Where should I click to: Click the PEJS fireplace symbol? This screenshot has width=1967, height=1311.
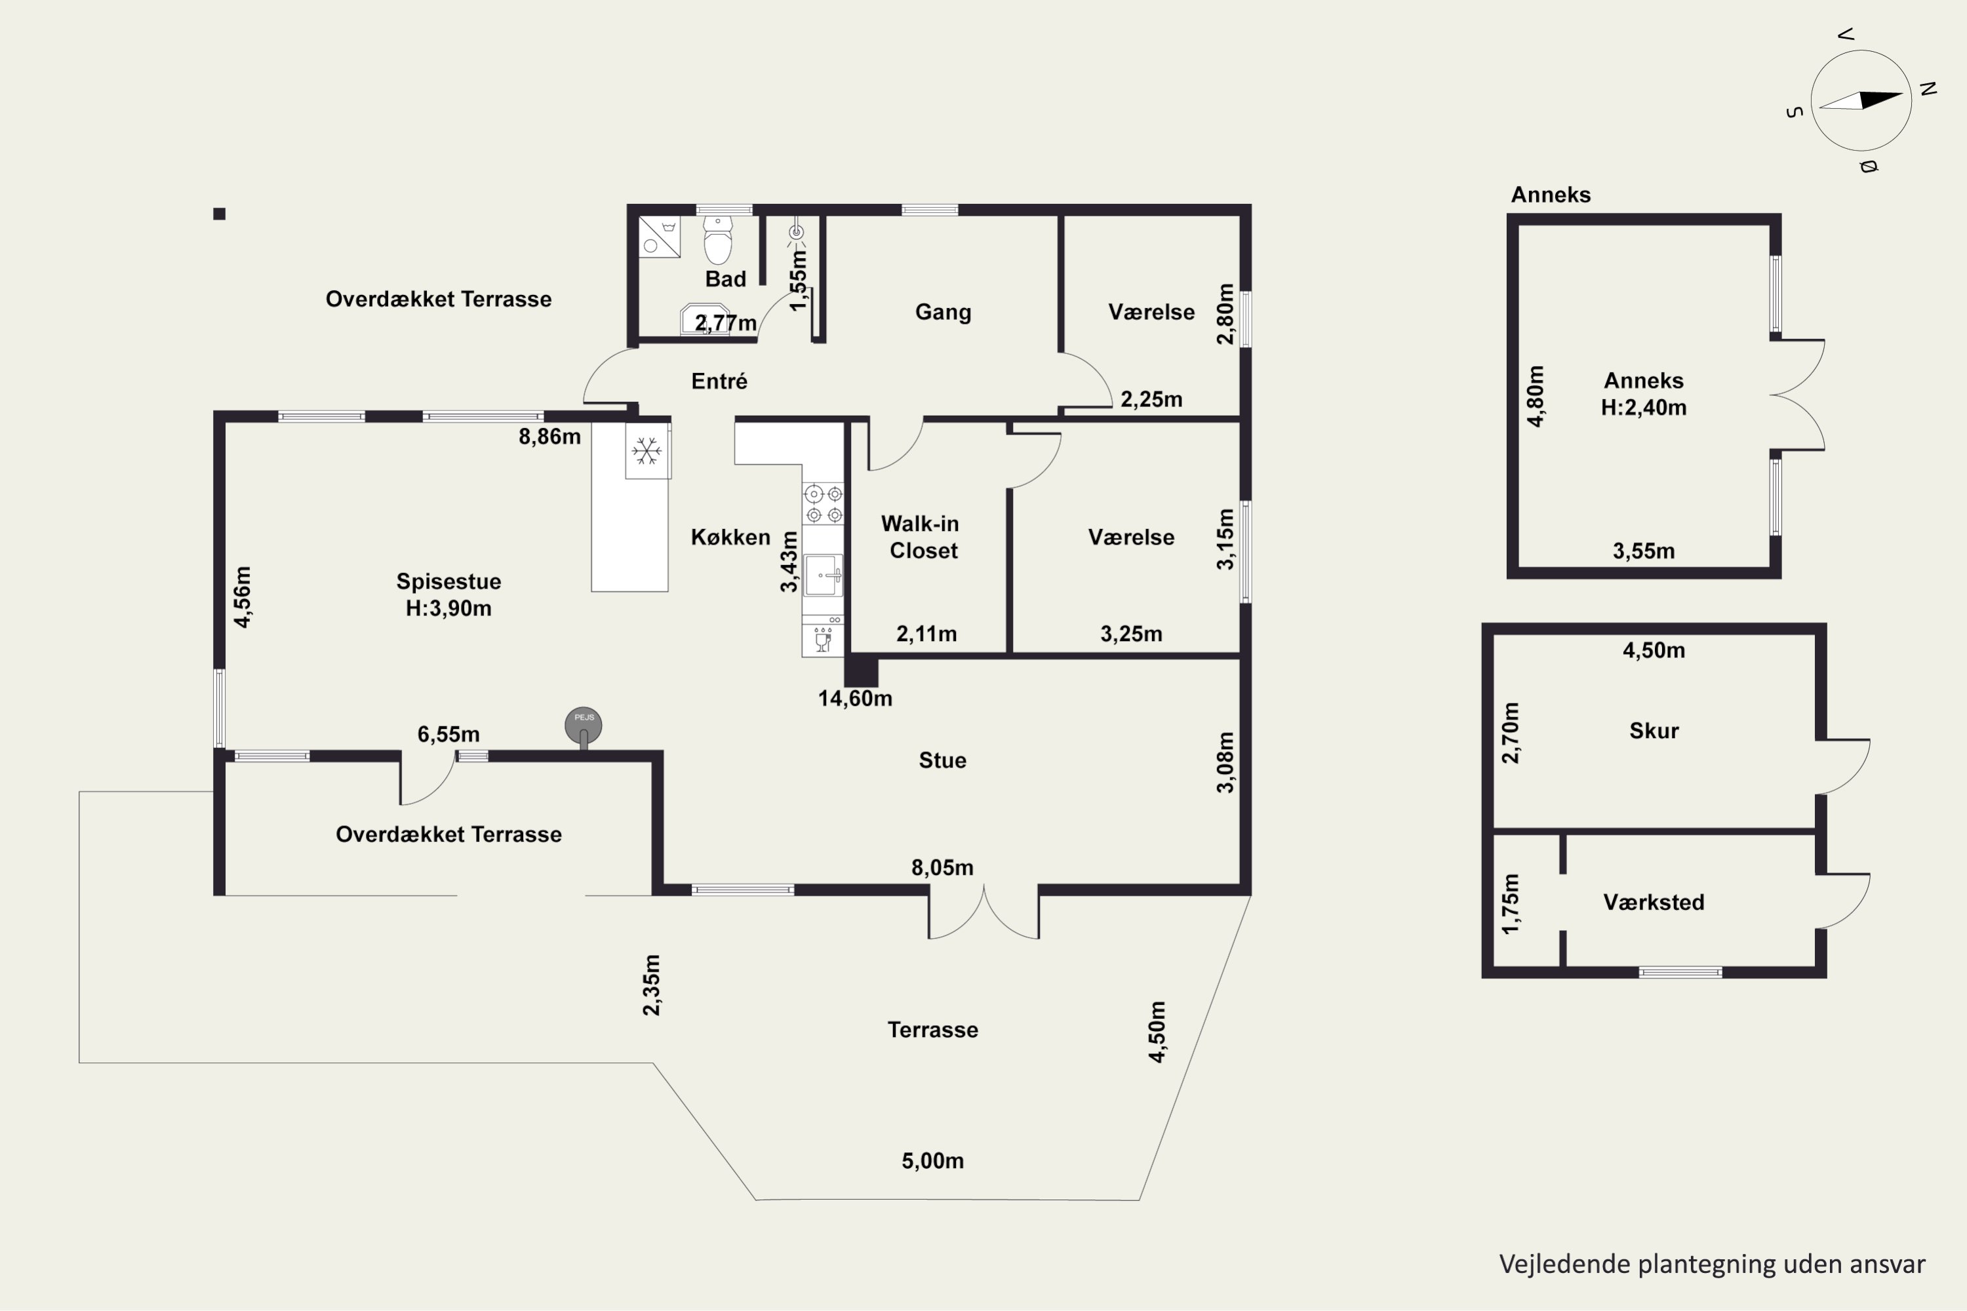coord(583,726)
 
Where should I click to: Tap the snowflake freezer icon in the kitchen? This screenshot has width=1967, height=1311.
coord(646,452)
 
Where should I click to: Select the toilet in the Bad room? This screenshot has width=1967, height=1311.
coord(717,241)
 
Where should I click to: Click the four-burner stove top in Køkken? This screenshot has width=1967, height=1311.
coord(823,503)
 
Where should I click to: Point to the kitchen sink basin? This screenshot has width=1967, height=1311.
coord(823,574)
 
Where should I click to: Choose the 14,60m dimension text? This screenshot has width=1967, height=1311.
coord(855,698)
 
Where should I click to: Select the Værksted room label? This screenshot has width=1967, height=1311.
coord(1654,902)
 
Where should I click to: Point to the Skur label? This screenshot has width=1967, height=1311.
coord(1654,731)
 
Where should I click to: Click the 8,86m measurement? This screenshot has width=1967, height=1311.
coord(549,437)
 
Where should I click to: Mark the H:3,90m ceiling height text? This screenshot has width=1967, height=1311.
coord(448,609)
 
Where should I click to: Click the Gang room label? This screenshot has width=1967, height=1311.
coord(943,313)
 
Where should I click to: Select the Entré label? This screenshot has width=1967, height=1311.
coord(719,382)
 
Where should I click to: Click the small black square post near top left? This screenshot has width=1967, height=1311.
coord(219,214)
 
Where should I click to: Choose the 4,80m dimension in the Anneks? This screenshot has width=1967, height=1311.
coord(1536,397)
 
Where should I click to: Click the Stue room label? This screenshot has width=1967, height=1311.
coord(943,760)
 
